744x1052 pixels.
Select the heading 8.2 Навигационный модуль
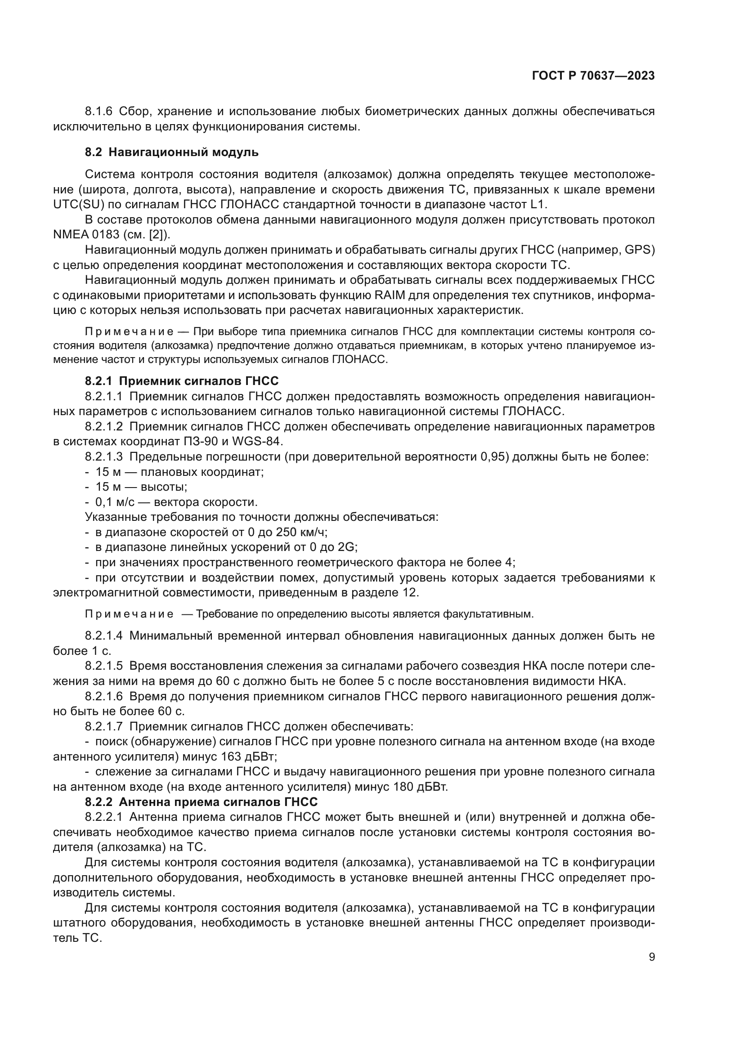(x=172, y=152)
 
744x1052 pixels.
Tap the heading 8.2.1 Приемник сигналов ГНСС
(x=181, y=381)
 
